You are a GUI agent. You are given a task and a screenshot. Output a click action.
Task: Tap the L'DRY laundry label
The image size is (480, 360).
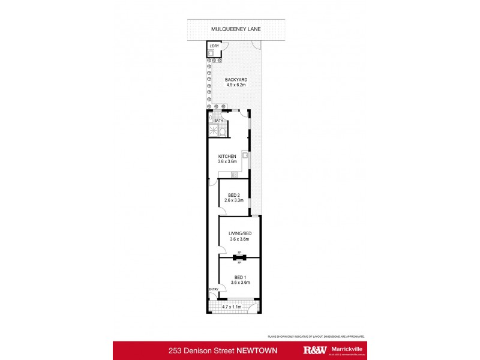pyautogui.click(x=212, y=46)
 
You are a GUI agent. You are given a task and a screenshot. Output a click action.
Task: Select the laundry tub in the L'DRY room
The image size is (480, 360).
pyautogui.click(x=212, y=53)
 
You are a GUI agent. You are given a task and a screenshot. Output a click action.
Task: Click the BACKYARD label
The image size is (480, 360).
pyautogui.click(x=236, y=79)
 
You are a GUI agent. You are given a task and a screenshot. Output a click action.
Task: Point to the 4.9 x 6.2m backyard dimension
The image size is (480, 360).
pyautogui.click(x=236, y=85)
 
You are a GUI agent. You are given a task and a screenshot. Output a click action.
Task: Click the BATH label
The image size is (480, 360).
pyautogui.click(x=218, y=121)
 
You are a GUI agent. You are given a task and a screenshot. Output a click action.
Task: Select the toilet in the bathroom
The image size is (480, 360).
pyautogui.click(x=223, y=131)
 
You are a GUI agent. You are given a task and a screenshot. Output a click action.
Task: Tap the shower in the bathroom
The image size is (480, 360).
pyautogui.click(x=212, y=131)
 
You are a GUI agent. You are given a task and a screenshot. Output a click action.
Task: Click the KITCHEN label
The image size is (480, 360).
pyautogui.click(x=227, y=157)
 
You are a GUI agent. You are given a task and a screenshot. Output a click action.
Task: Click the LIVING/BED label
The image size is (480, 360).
pyautogui.click(x=239, y=234)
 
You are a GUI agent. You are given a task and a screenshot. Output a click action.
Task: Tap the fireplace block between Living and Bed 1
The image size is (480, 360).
pyautogui.click(x=239, y=257)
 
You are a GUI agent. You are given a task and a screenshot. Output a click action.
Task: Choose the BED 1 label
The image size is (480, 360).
pyautogui.click(x=239, y=276)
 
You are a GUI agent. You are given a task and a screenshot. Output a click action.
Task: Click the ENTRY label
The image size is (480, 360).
pyautogui.click(x=213, y=290)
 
